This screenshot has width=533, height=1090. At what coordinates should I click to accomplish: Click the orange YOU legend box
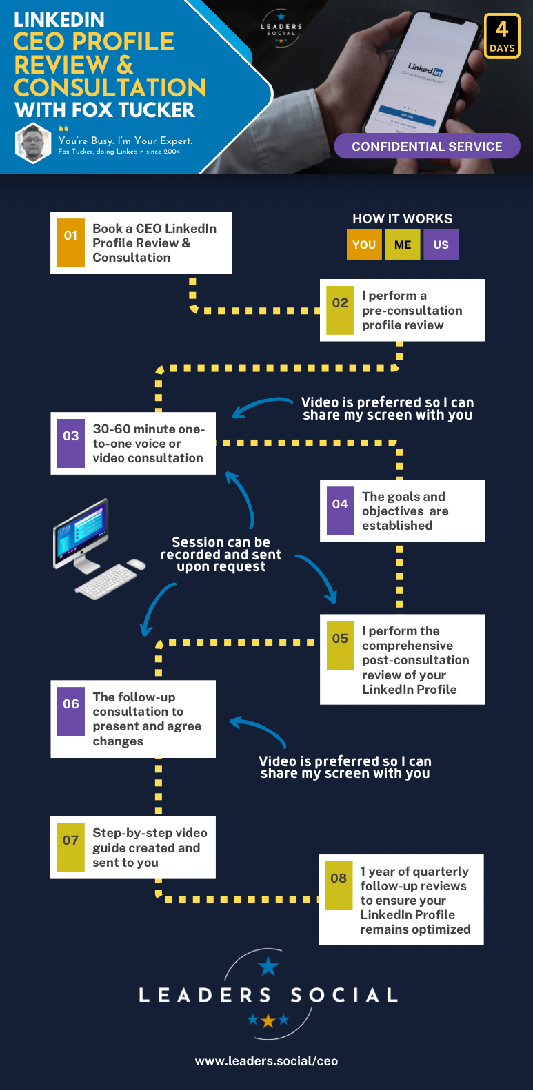tap(364, 245)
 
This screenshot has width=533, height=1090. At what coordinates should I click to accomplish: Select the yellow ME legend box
tap(403, 245)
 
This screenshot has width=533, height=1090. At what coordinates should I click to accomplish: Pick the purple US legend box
tap(441, 245)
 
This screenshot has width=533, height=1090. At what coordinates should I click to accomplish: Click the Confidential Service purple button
tap(427, 146)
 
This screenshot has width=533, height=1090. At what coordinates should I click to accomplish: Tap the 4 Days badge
tap(502, 36)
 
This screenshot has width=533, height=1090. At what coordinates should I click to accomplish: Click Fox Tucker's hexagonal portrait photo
tap(33, 143)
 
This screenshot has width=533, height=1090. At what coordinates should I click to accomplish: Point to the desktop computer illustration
tap(97, 547)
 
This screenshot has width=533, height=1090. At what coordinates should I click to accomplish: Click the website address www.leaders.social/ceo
tap(266, 1061)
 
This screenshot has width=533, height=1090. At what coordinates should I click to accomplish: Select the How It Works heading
tap(403, 218)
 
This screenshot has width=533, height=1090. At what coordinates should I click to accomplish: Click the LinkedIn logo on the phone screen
tap(425, 69)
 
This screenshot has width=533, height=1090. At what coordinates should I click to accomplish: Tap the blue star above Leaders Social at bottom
tap(268, 967)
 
